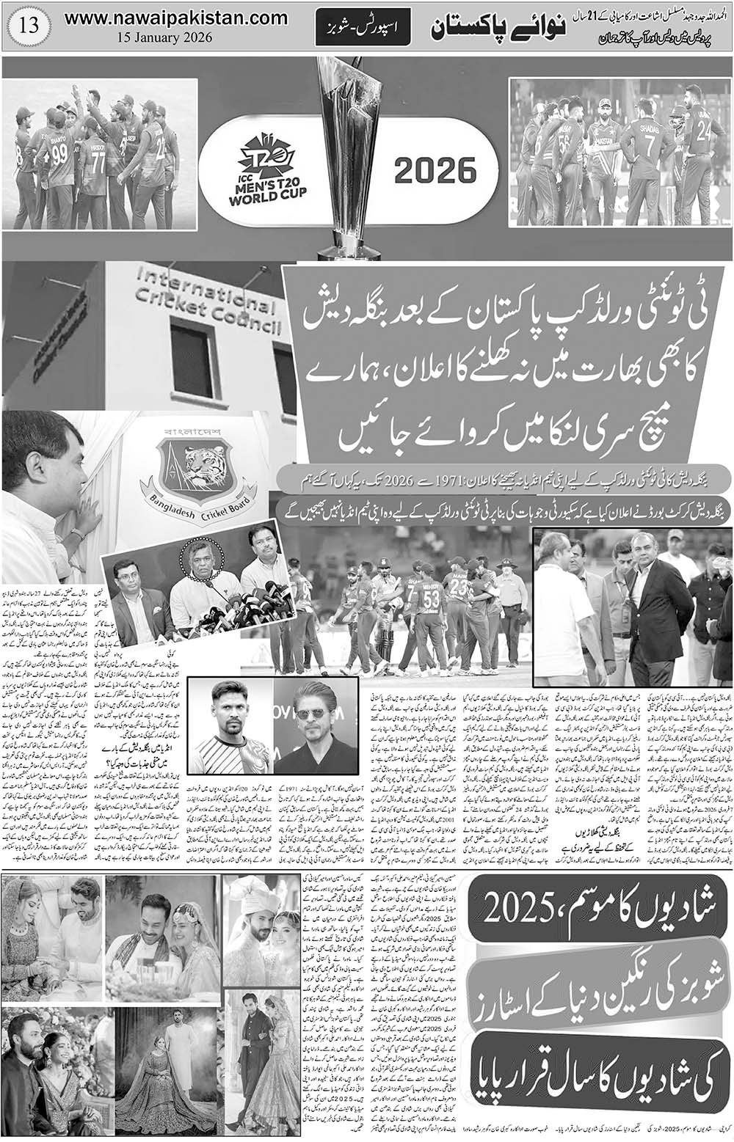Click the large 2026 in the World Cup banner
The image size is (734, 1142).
[x=435, y=172]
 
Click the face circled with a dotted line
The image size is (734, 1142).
[x=200, y=558]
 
